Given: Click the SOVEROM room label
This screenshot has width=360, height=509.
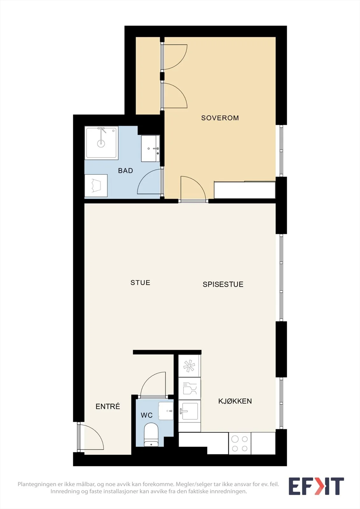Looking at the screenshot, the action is [220, 118].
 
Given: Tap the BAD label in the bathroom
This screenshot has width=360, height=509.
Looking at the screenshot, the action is [125, 171].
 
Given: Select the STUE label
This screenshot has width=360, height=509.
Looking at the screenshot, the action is [140, 283].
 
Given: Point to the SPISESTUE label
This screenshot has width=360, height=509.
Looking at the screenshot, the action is [223, 284].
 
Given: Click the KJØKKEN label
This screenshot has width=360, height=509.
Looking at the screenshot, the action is [235, 401].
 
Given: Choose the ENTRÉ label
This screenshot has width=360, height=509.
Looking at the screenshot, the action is [108, 406].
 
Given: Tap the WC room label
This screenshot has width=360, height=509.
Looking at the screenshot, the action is [146, 415].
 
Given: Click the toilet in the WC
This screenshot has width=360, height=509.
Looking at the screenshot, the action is [151, 435].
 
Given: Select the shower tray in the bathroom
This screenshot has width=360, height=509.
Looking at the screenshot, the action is [102, 143].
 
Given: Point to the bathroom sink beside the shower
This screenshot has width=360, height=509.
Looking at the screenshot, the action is [150, 149].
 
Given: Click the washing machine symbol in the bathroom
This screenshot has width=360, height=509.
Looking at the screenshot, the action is [96, 186].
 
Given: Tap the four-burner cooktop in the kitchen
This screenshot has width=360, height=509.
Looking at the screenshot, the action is [240, 443].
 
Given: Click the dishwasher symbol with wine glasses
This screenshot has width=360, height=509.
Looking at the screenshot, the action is [189, 388].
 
